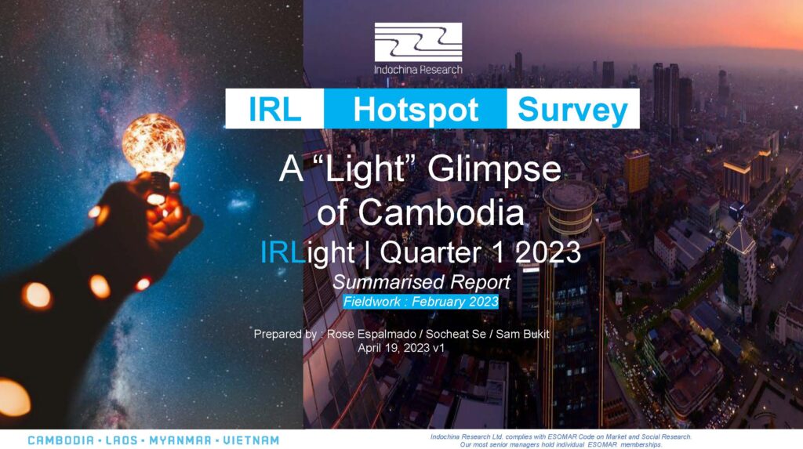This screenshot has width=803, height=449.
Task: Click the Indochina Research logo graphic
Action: (418, 42)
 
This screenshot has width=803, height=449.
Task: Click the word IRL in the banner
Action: (274, 109)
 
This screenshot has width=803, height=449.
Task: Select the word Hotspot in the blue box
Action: (416, 110)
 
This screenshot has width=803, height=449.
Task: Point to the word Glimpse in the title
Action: (494, 171)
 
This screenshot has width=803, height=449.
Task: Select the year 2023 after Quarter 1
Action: (548, 252)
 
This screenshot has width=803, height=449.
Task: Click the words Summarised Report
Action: (421, 282)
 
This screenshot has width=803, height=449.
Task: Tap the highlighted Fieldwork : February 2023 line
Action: (420, 302)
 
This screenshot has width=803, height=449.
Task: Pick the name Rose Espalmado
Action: (371, 335)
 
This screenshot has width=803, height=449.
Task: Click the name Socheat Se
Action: (456, 335)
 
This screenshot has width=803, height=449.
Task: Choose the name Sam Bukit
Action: (522, 335)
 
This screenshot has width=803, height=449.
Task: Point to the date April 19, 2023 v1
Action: (401, 348)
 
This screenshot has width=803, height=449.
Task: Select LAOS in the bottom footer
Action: (122, 440)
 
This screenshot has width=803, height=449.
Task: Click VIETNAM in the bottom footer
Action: (250, 440)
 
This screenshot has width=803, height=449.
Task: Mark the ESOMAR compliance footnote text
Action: (561, 441)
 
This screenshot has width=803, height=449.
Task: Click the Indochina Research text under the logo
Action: (418, 69)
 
